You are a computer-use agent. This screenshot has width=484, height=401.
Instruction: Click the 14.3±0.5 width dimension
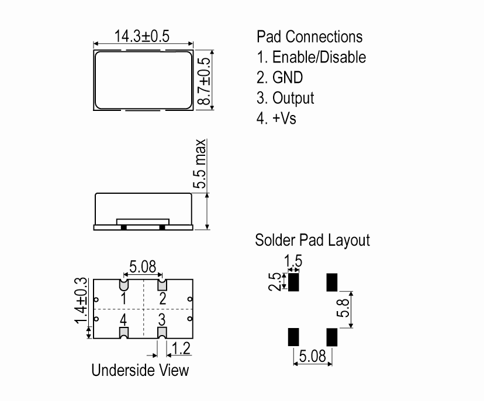coord(141,36)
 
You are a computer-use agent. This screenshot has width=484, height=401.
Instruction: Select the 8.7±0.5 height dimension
coord(203,81)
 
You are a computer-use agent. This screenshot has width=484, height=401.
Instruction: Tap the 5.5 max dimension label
coord(199,163)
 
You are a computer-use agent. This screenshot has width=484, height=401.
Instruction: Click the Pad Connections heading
coord(310,37)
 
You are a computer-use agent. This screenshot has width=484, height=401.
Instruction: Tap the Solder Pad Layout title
coord(312,240)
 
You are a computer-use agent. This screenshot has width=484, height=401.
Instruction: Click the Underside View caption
coord(140,370)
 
